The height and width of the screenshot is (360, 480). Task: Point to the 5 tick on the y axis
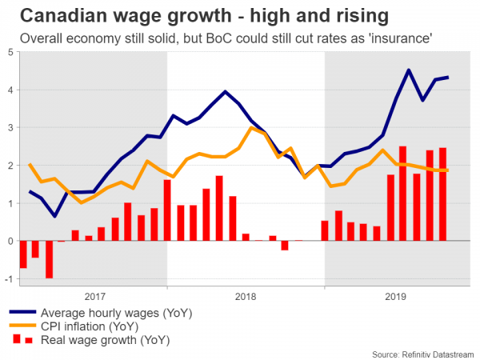[10, 53]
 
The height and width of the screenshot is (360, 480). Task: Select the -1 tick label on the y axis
[8, 278]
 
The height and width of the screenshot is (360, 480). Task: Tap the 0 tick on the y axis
[10, 241]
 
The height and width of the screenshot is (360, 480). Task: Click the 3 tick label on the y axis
[10, 128]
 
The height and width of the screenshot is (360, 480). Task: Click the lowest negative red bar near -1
[49, 259]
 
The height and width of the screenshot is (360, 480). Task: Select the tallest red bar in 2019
[402, 194]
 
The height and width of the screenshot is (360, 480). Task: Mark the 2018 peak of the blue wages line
[226, 91]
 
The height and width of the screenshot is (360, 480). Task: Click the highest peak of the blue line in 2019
[409, 70]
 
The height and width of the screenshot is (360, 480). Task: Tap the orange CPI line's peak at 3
[251, 128]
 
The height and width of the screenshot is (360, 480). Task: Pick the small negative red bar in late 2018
[285, 245]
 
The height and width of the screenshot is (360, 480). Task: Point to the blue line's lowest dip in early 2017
[54, 216]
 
